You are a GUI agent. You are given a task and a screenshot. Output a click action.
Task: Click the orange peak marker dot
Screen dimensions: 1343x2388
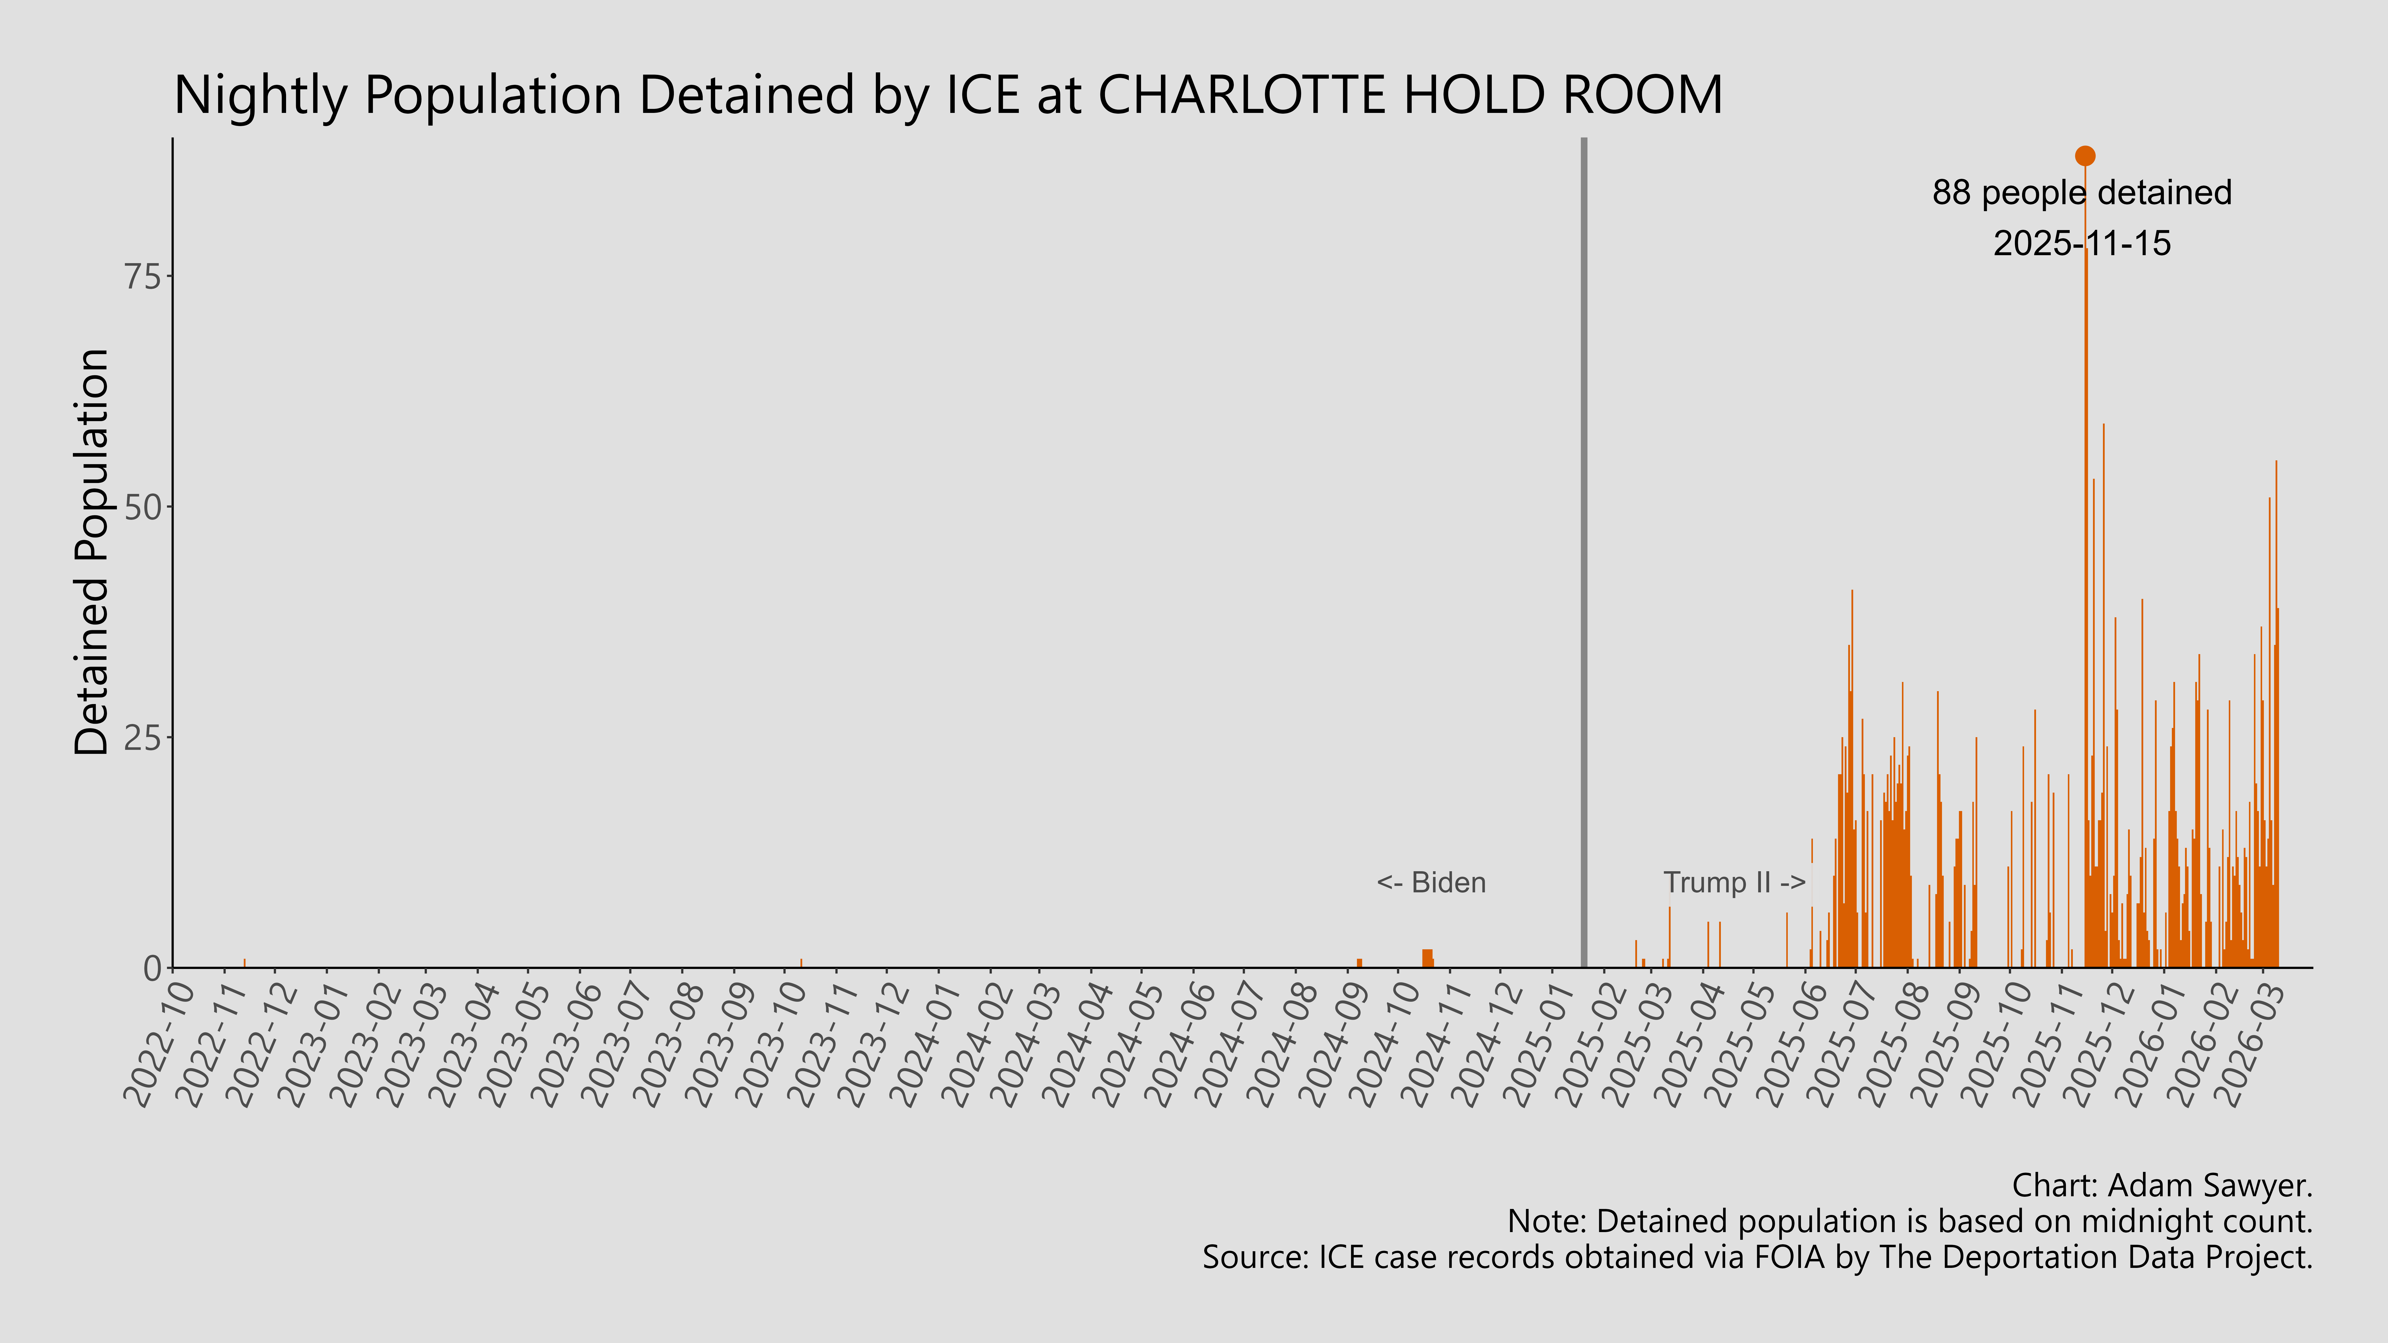[x=2085, y=156]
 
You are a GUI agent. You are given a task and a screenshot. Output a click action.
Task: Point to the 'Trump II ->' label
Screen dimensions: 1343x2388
[x=1734, y=882]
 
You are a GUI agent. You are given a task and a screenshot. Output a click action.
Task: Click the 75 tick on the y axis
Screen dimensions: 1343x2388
[x=142, y=276]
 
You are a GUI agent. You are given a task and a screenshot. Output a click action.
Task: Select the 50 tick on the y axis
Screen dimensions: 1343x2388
[x=142, y=507]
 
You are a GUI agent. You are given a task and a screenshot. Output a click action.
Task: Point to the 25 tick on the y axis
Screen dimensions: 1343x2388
[x=142, y=738]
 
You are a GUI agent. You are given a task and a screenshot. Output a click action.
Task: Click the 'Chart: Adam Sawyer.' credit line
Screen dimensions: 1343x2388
[x=2162, y=1185]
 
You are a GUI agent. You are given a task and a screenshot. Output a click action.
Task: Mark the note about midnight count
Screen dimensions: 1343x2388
[x=1910, y=1222]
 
